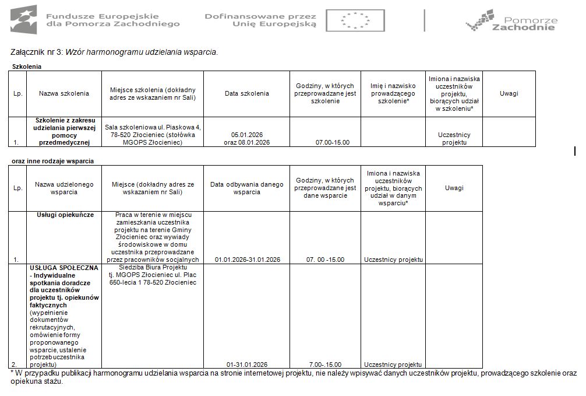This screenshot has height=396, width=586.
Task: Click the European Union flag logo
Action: tap(355, 20)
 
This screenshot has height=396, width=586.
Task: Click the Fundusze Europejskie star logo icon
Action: tap(23, 19)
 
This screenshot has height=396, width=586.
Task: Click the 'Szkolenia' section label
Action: tap(27, 66)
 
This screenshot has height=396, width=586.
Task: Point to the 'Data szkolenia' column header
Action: tap(246, 93)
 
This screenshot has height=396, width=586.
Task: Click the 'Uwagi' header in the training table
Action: tap(509, 93)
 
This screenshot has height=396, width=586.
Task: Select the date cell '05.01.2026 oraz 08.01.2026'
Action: tap(246, 138)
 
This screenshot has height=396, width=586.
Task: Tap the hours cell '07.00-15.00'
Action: tap(325, 142)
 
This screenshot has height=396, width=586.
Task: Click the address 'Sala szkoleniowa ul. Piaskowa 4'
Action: tap(153, 127)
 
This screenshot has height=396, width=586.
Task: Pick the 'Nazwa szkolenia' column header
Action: tap(64, 93)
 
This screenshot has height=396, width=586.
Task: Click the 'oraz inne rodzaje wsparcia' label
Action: tap(53, 160)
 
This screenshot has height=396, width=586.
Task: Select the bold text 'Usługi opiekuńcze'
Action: tap(65, 215)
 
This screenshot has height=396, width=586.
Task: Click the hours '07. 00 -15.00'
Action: tap(325, 260)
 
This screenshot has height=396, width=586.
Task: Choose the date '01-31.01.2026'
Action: tap(246, 365)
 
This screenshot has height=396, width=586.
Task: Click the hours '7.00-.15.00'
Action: tap(325, 365)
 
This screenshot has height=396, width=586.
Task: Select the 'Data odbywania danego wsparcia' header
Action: tap(246, 188)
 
